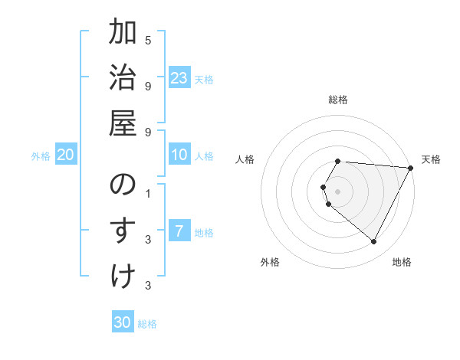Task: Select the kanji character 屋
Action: click(x=123, y=123)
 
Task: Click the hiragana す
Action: click(x=123, y=231)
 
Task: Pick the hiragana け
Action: click(x=123, y=275)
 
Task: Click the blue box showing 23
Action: click(x=179, y=78)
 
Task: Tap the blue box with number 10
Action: click(x=179, y=155)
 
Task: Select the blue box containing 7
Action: click(x=179, y=232)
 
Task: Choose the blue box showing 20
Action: click(x=66, y=155)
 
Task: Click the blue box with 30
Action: click(x=122, y=322)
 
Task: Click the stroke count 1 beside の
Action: click(x=148, y=193)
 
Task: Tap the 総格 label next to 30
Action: click(x=148, y=324)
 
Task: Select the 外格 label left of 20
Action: click(x=41, y=156)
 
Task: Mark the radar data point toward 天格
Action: click(x=410, y=168)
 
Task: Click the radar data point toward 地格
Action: click(x=374, y=241)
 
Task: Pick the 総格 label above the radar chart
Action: click(x=338, y=100)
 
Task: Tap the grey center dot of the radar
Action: click(x=338, y=191)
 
